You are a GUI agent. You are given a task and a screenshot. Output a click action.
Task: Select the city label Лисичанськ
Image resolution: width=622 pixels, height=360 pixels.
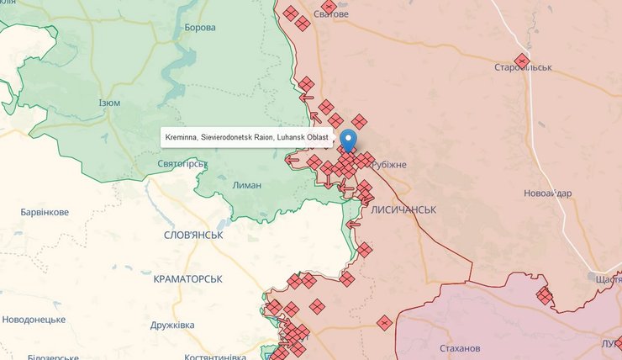403,209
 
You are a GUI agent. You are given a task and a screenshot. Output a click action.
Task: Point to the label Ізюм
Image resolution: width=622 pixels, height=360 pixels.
109,103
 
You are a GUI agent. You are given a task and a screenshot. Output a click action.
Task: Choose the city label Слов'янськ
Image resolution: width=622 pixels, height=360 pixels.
194,235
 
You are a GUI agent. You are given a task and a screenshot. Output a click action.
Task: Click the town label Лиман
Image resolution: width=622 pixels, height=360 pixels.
247,185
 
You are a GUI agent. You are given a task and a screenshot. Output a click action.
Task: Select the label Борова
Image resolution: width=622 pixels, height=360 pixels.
200,28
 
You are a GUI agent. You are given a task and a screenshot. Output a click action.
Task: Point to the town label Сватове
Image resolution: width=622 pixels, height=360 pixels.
330,14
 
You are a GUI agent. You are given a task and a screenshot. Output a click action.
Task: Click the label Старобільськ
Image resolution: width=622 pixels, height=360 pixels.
523,67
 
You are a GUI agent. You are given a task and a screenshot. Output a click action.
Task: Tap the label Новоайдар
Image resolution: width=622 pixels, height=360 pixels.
547,193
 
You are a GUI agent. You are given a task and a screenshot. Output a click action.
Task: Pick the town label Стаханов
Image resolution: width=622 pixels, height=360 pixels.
460,348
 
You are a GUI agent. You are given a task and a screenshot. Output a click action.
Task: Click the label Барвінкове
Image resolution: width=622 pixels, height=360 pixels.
45,212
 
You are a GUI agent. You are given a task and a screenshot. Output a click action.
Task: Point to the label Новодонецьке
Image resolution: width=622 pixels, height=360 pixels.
34,320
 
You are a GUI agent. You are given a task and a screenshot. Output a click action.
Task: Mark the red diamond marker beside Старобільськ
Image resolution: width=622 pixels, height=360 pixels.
522,61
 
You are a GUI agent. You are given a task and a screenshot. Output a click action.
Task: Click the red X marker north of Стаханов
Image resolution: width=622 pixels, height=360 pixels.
384,322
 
